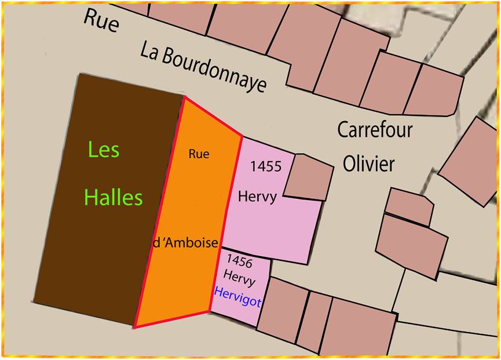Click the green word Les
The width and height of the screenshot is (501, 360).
click(x=104, y=151)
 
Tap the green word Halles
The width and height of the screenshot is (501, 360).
click(x=114, y=198)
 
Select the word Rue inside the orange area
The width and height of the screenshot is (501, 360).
click(x=199, y=154)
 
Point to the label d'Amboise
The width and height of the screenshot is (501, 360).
click(x=185, y=243)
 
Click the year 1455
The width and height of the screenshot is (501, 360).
click(x=266, y=167)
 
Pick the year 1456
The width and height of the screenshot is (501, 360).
click(x=240, y=262)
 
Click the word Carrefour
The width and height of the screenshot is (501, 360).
click(x=375, y=129)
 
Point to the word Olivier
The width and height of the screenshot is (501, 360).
click(x=368, y=164)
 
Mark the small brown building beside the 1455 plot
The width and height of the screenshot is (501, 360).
click(x=308, y=177)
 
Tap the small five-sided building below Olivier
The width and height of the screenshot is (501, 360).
click(x=408, y=206)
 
